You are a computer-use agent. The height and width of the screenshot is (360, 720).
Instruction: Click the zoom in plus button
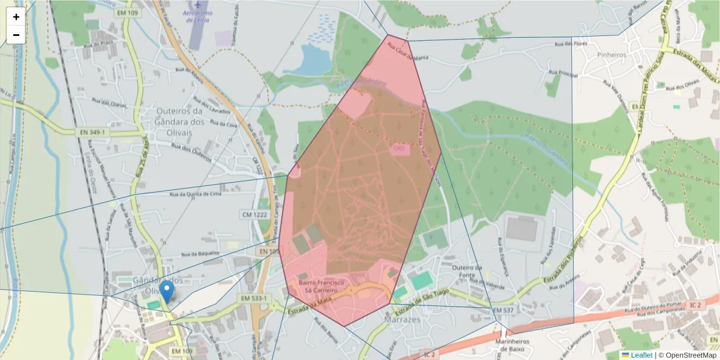tap(16, 17)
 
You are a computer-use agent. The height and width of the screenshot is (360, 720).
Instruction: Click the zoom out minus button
tap(16, 35)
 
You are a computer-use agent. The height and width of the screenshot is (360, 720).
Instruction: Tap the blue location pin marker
tap(167, 292)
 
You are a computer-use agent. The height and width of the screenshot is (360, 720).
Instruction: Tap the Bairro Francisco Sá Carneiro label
tap(321, 286)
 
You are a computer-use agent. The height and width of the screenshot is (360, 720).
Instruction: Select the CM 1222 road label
tap(254, 214)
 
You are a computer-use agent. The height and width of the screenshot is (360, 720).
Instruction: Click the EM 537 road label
tap(503, 310)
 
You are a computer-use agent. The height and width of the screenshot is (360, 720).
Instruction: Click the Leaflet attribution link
tap(641, 355)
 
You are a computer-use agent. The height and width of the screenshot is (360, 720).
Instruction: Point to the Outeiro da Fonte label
tap(467, 271)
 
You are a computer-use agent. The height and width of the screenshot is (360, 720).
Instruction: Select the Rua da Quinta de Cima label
tap(196, 194)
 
